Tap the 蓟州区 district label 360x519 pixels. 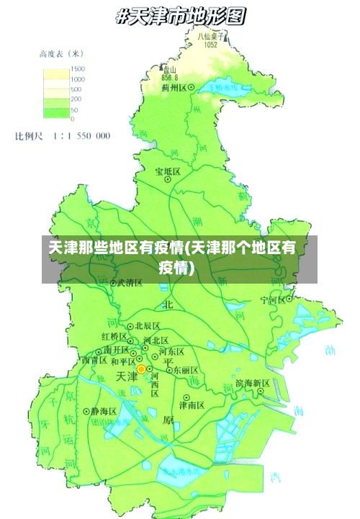click(175, 88)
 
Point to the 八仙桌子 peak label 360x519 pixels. click(211, 35)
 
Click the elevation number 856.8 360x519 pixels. click(170, 77)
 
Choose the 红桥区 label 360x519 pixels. click(114, 337)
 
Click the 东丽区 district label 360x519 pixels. click(185, 370)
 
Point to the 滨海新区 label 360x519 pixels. click(252, 383)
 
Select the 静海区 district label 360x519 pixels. click(104, 411)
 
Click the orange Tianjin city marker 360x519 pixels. click(141, 369)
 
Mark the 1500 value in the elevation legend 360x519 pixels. click(77, 69)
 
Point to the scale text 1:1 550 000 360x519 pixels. click(79, 135)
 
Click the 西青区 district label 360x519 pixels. click(94, 359)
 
